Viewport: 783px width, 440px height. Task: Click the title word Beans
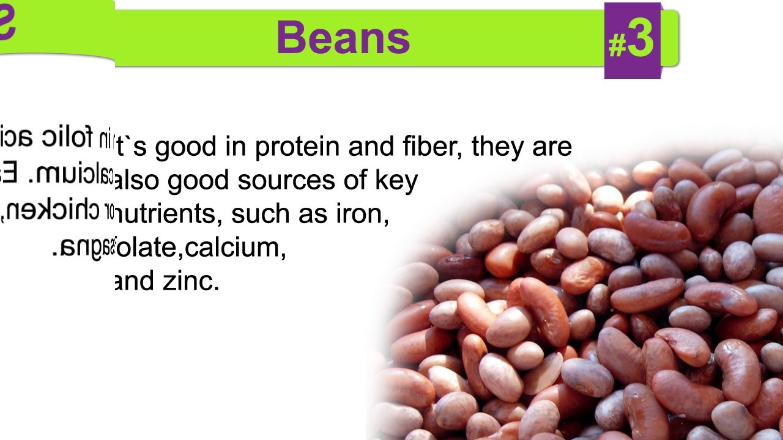[343, 38]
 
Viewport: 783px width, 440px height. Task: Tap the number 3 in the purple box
[640, 40]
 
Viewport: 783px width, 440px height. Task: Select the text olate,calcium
[201, 248]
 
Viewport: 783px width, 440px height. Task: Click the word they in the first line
[497, 147]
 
